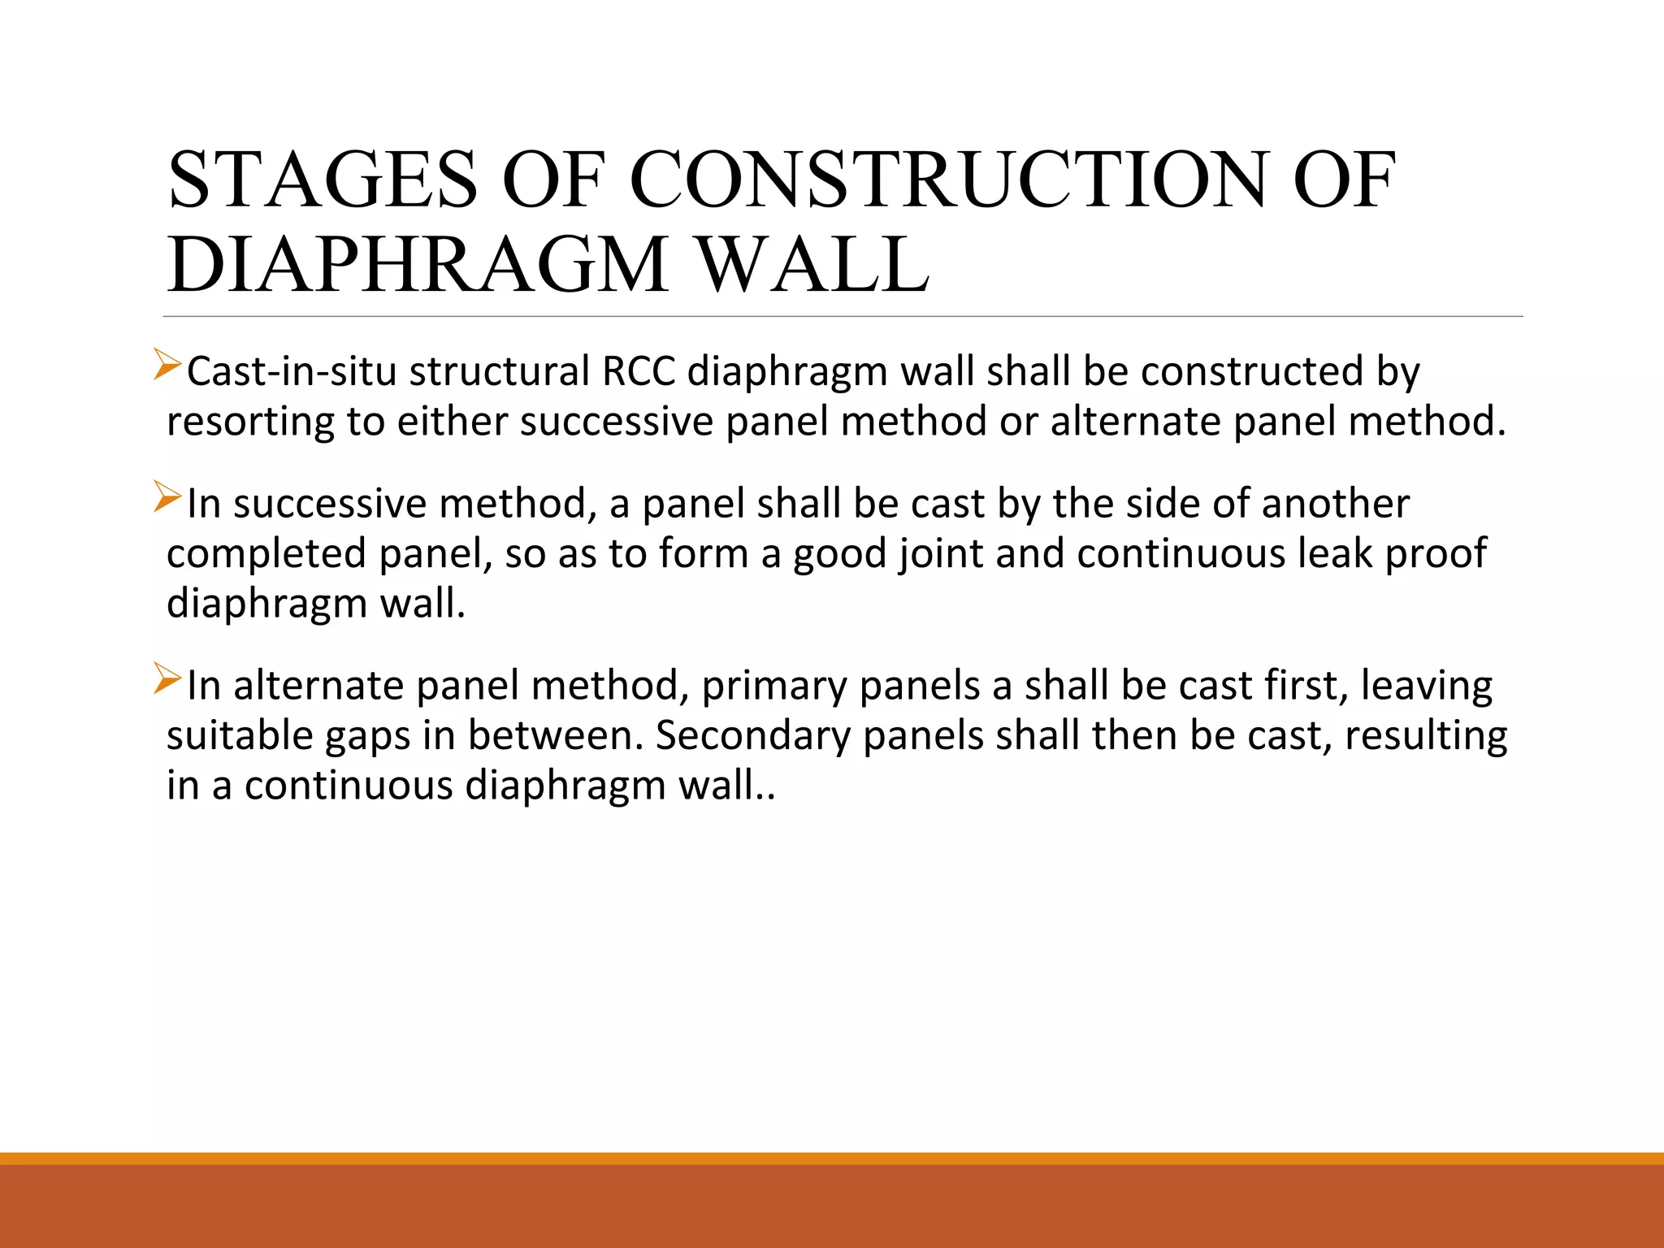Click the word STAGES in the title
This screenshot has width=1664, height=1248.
323,180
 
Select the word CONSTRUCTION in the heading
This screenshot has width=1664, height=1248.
947,180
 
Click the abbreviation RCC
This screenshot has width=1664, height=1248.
639,372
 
